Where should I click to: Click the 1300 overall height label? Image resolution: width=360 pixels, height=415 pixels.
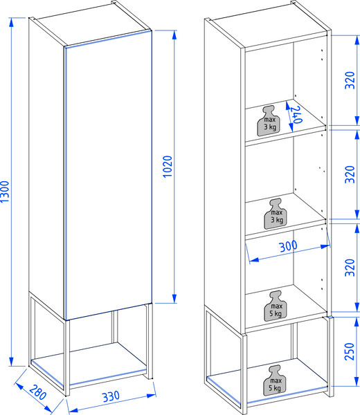[x=5, y=192]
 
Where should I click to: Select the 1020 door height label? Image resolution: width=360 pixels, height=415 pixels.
[x=168, y=167]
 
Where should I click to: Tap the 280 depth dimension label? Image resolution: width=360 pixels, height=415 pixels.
[x=37, y=392]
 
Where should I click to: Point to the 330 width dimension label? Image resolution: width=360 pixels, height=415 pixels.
[x=111, y=396]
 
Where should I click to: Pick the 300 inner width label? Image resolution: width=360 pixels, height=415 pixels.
[x=288, y=246]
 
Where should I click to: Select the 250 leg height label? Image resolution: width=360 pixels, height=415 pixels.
[x=350, y=351]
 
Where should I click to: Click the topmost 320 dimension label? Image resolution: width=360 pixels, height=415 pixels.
[x=350, y=80]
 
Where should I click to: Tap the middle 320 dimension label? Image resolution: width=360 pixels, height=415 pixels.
[x=350, y=174]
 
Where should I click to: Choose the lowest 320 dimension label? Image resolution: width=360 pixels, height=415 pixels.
[x=350, y=268]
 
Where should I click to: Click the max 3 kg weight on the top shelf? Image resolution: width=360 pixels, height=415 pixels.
[x=270, y=121]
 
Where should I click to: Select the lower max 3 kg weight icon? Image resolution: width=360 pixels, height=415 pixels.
[x=276, y=214]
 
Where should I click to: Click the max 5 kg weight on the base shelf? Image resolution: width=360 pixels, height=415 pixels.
[x=275, y=380]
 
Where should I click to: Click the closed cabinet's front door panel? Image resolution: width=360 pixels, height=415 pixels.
[x=109, y=175]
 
